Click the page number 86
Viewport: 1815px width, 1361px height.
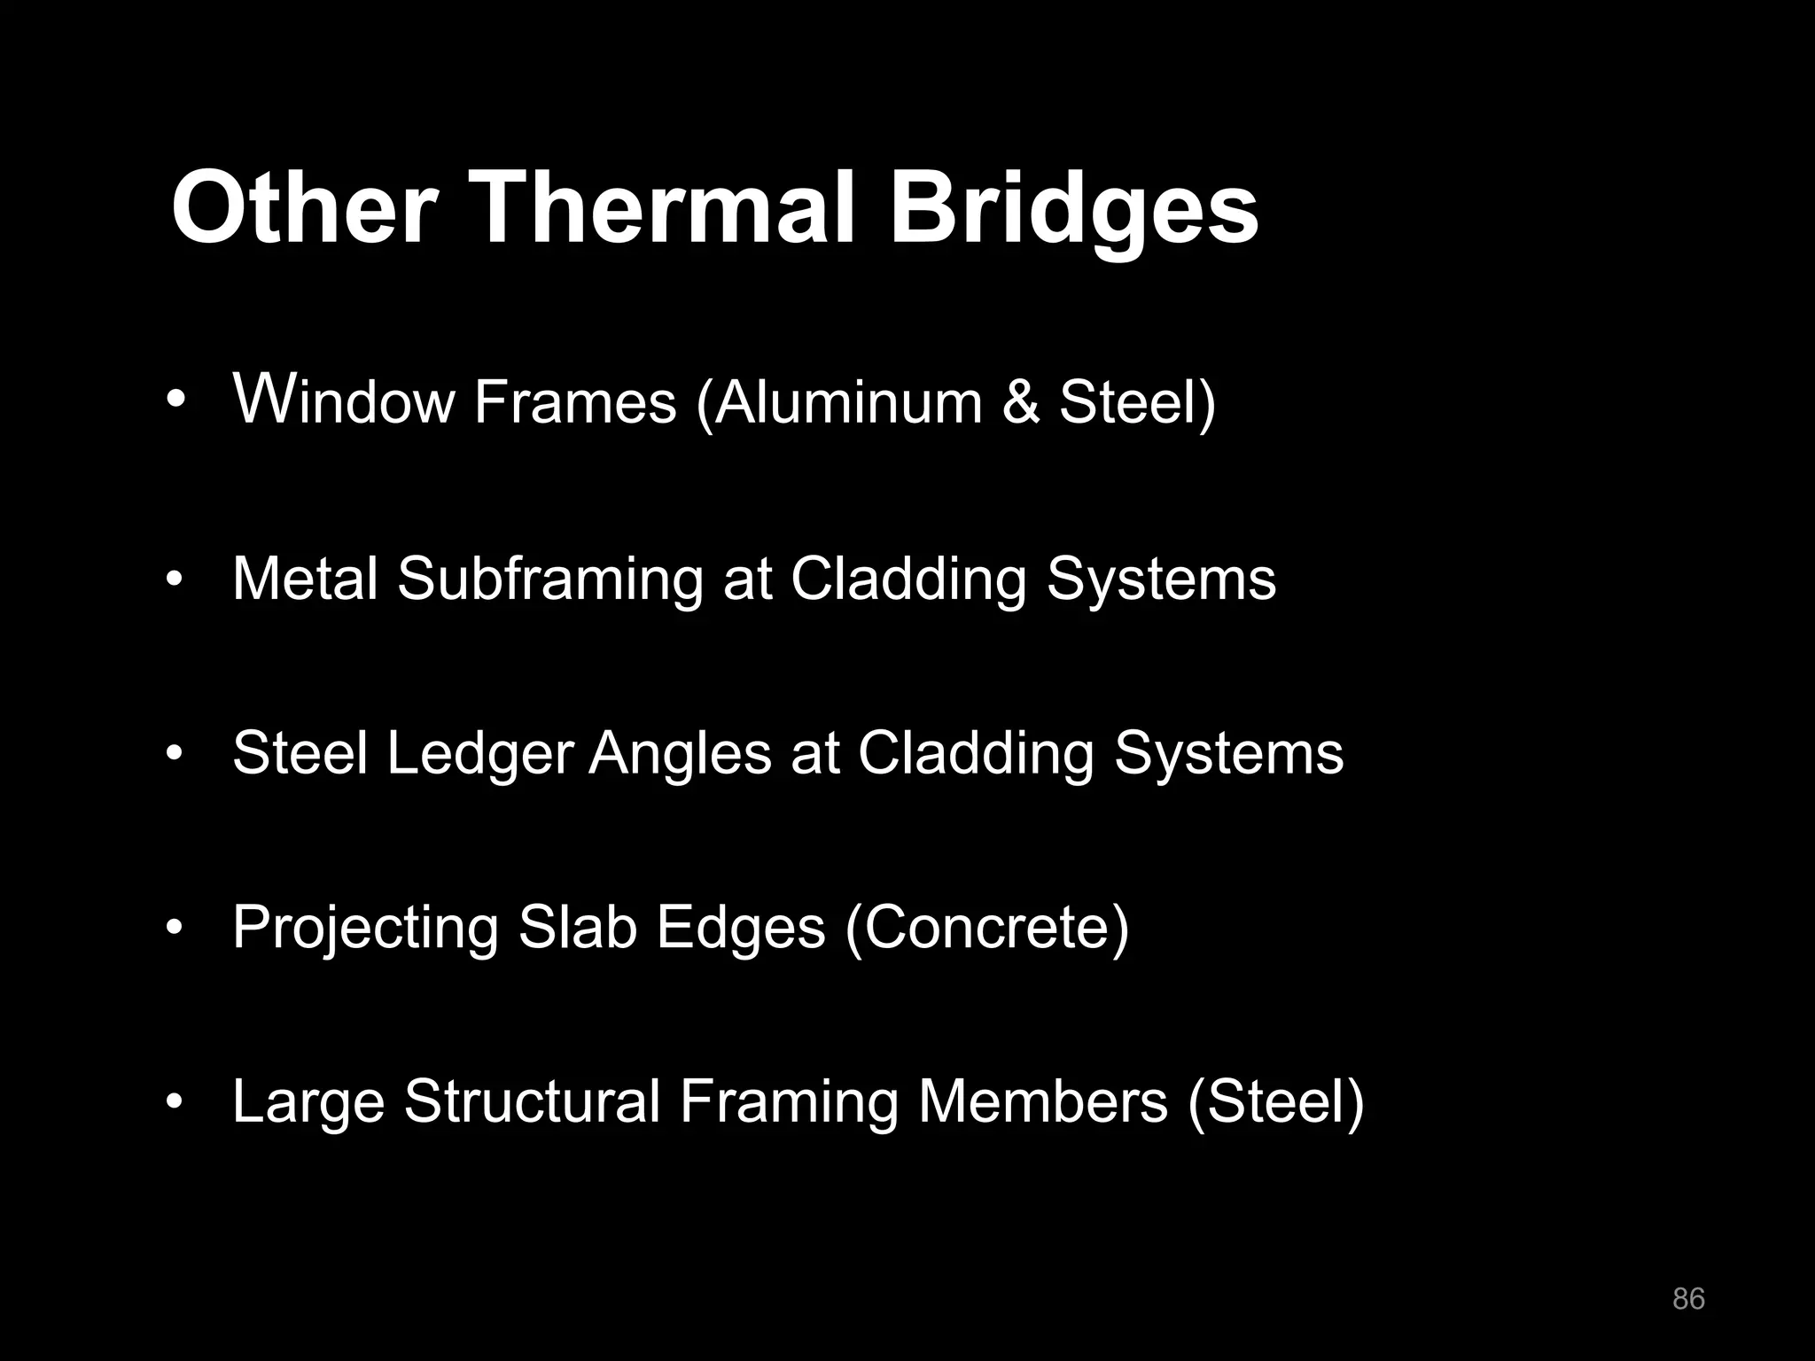(1688, 1299)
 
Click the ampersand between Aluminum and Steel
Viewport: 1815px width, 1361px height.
(1021, 402)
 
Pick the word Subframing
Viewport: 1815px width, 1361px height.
(549, 579)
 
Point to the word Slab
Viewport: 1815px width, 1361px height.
(577, 928)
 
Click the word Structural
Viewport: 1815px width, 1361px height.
(533, 1101)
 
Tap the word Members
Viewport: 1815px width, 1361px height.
(1043, 1101)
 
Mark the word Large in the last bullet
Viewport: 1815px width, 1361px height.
(308, 1103)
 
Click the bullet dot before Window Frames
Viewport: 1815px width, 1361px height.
(175, 401)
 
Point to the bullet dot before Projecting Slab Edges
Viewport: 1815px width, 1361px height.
(175, 929)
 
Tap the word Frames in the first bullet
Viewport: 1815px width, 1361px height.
(574, 402)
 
